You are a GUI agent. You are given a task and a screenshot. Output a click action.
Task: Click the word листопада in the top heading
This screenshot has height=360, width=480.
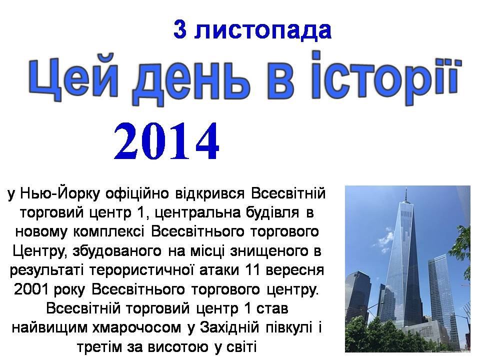pos(263,30)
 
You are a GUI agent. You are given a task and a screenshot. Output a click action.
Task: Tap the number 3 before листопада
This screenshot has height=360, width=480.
pos(180,29)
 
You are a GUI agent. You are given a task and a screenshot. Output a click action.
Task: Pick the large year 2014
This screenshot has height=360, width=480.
pos(166,141)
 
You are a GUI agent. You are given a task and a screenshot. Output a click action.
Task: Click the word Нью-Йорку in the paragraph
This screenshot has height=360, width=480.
pos(60,194)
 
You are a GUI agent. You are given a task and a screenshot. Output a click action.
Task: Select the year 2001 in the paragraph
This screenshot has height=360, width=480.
pos(31,289)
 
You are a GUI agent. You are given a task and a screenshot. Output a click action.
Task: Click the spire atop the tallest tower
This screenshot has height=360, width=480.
pos(406,194)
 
